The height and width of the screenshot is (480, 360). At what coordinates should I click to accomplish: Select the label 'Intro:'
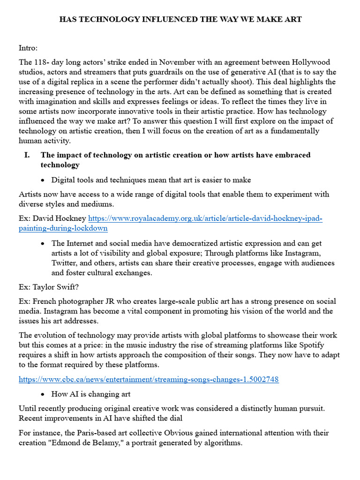coord(29,48)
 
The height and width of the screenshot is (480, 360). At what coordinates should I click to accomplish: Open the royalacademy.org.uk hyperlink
coord(205,218)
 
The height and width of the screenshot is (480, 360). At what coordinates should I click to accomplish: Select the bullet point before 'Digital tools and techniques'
coord(43,180)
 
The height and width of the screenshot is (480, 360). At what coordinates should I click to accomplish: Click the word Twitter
coord(66,263)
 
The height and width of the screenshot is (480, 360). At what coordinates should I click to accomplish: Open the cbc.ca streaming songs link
coord(149,379)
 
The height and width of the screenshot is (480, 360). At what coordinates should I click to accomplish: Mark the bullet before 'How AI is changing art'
coord(43,394)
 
